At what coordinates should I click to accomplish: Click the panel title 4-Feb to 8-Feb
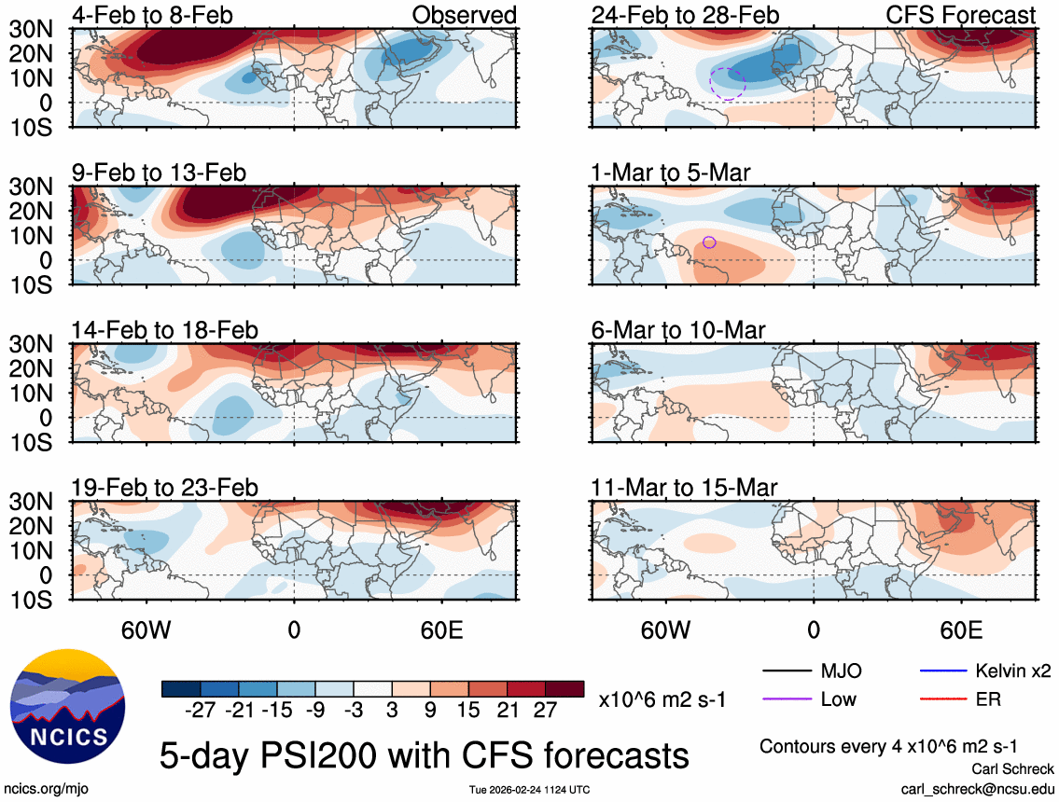153,15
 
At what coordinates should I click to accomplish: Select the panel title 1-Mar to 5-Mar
671,173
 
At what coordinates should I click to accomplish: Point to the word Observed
464,15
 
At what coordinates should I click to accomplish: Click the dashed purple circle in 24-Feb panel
728,84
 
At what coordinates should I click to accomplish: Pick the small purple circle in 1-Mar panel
709,242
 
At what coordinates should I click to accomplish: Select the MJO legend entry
841,671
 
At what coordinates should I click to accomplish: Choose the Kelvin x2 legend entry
1011,671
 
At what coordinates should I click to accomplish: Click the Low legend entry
837,698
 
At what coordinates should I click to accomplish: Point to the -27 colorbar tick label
201,711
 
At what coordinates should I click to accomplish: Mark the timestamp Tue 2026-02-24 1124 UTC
529,790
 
